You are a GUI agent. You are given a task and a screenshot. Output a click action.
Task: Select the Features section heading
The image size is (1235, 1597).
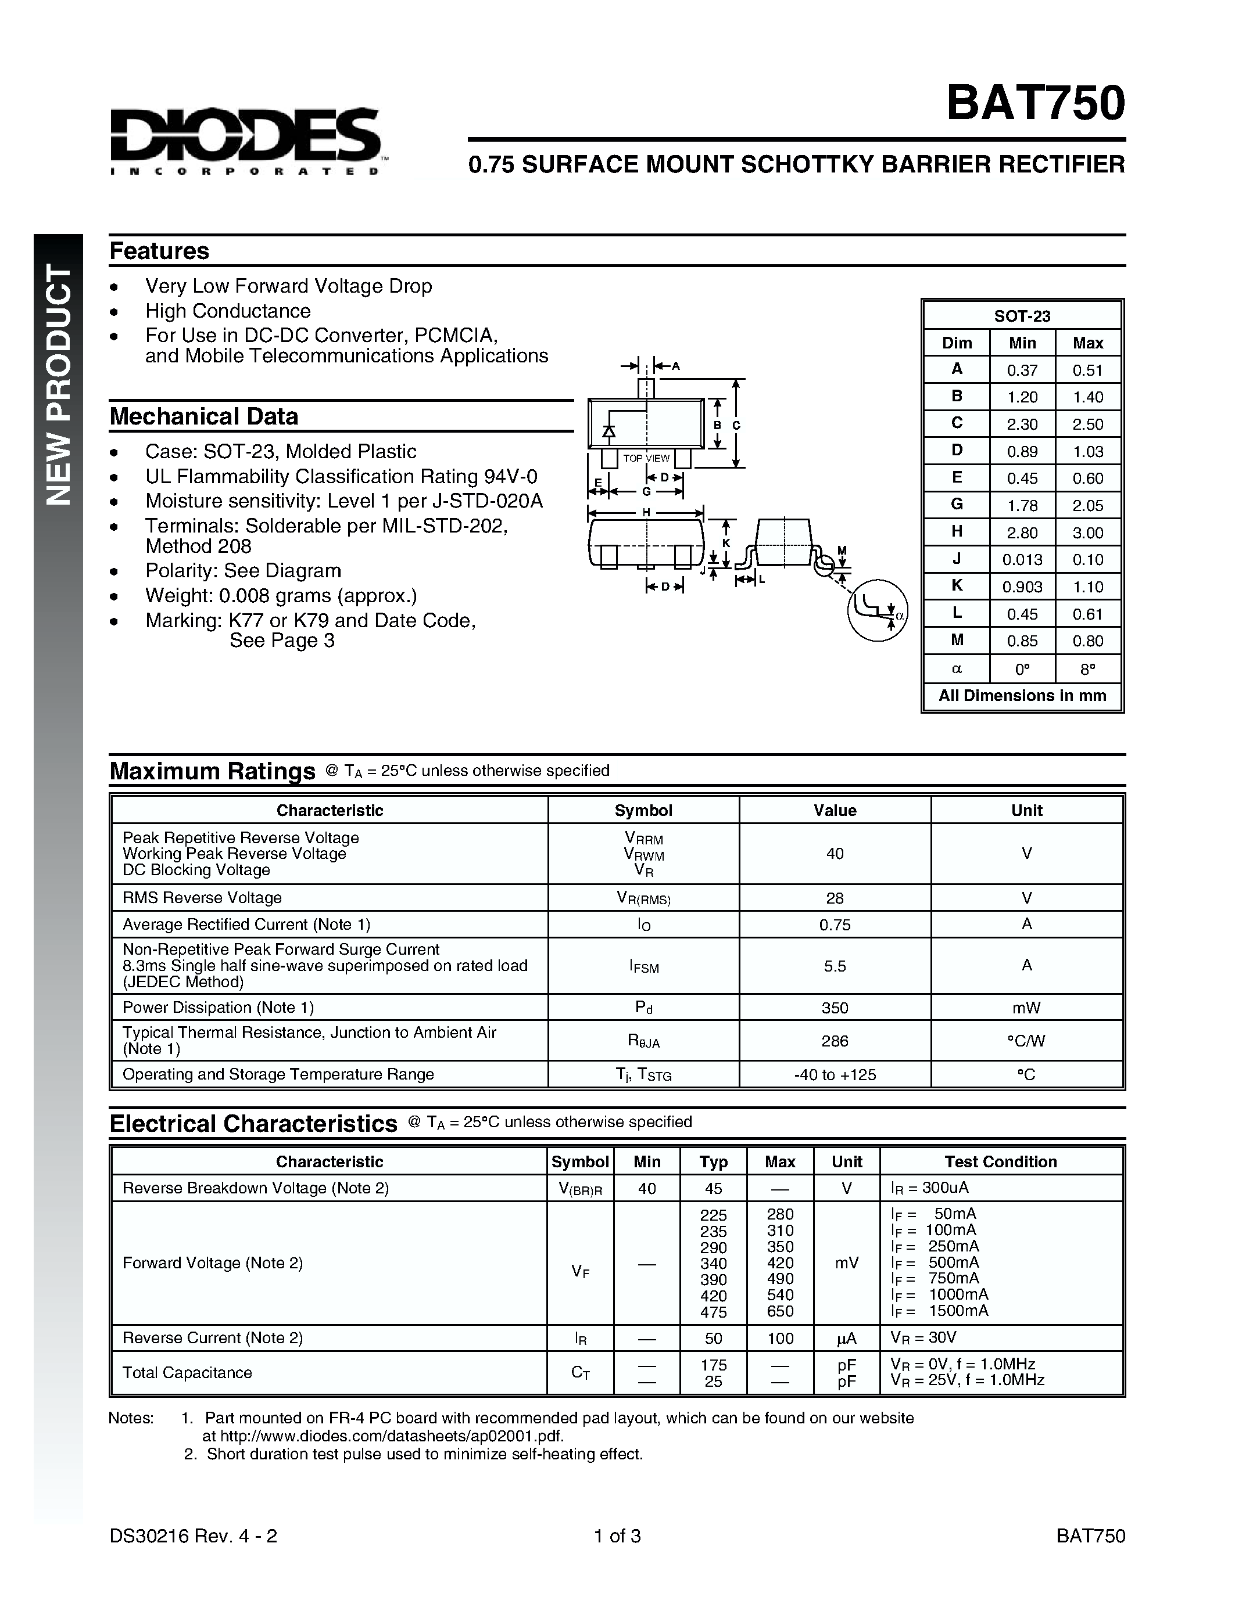click(159, 251)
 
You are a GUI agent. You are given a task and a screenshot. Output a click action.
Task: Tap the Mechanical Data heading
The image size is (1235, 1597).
click(204, 416)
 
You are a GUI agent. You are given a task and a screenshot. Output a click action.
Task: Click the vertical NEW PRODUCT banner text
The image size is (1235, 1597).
click(59, 384)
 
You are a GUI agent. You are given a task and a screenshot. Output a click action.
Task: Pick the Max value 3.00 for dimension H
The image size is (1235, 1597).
click(1088, 533)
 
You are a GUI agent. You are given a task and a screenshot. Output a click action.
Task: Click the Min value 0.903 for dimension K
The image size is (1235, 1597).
click(1022, 587)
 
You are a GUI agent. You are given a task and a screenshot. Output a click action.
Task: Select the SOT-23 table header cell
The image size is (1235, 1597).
click(1022, 316)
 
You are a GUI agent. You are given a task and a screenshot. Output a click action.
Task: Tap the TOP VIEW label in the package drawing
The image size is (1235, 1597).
click(646, 458)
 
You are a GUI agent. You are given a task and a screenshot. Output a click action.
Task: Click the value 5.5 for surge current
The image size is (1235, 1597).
click(835, 966)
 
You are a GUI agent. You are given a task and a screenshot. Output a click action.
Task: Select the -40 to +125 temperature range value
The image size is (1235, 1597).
click(835, 1074)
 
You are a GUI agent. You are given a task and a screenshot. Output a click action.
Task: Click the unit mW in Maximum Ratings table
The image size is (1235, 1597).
click(1026, 1008)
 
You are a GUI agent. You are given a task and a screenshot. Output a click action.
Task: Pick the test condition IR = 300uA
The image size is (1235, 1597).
click(929, 1188)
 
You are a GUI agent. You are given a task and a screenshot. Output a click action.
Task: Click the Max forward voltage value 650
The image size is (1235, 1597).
click(780, 1311)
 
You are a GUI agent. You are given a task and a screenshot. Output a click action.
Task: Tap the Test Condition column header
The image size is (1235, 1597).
click(1000, 1161)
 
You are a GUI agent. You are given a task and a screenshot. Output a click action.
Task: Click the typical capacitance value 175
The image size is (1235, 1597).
click(713, 1365)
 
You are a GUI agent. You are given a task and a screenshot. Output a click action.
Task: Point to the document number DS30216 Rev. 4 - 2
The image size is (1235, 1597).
click(193, 1535)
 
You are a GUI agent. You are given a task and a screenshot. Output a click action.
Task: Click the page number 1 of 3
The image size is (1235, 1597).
click(617, 1535)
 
